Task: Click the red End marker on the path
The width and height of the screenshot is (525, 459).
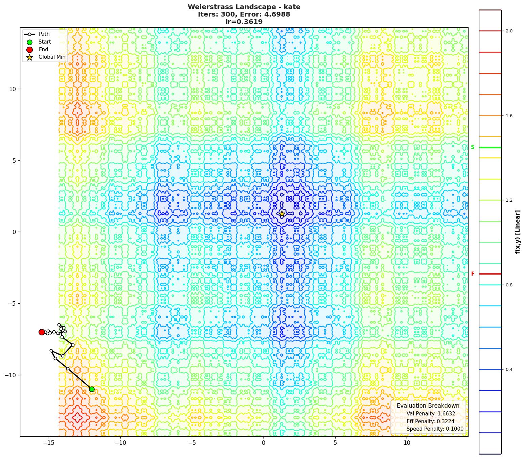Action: click(x=42, y=332)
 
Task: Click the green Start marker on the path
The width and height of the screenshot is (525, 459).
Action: click(x=92, y=389)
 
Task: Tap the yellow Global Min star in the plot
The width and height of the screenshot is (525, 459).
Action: click(x=282, y=214)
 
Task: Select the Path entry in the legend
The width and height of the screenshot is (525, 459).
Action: click(x=44, y=34)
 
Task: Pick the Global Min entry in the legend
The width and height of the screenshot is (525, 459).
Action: click(x=52, y=57)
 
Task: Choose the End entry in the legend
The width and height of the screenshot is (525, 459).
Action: click(x=43, y=50)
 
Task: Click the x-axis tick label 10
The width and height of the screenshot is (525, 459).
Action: click(x=407, y=443)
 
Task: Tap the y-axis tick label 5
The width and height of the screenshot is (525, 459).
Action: click(x=14, y=160)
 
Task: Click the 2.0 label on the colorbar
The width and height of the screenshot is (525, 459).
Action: click(x=509, y=31)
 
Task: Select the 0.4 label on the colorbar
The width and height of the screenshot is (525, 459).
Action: click(x=509, y=369)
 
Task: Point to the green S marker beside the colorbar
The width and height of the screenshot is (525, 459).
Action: click(x=473, y=147)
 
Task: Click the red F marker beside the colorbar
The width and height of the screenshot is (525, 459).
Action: click(x=473, y=274)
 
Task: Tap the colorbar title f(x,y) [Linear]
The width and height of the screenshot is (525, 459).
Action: click(x=518, y=232)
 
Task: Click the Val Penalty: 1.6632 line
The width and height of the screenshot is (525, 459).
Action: click(x=431, y=414)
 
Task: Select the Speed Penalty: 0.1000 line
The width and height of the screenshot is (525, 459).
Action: click(x=435, y=429)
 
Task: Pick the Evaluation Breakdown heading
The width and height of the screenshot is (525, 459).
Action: click(x=428, y=406)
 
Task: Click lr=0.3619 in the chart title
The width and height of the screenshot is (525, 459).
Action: click(x=244, y=22)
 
